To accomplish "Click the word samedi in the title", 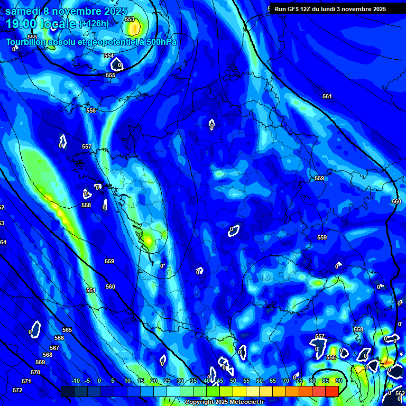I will [x=23, y=11].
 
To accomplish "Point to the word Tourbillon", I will [x=27, y=42].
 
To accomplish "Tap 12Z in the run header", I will [x=308, y=9].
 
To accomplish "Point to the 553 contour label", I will [x=129, y=19].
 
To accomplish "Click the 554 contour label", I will [x=109, y=56].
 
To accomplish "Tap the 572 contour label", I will [x=17, y=390].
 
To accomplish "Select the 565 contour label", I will [x=67, y=330].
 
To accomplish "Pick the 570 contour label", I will [x=35, y=372].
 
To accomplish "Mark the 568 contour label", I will [x=48, y=355].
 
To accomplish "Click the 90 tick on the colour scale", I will [x=338, y=381].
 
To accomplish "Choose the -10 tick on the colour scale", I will [x=76, y=381].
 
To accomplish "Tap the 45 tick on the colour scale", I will [x=220, y=381].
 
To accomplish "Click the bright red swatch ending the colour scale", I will [x=331, y=391].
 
